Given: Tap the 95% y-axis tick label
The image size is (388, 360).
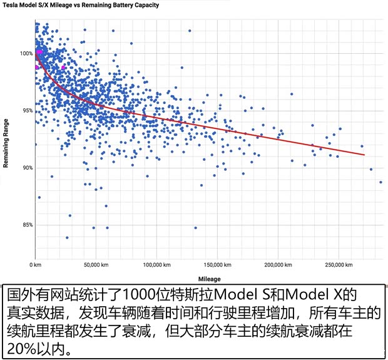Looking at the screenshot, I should coord(26,111).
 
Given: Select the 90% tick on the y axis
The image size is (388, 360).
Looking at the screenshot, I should coord(26,168).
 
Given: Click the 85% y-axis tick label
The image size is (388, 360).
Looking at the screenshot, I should coord(26,225).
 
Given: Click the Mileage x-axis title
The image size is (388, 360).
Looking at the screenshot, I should coord(208,279).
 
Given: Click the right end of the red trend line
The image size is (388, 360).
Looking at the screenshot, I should coord(364,155).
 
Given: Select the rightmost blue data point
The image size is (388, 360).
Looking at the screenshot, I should coord(380,182).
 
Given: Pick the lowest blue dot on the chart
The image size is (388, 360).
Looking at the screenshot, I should coord(67,238).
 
